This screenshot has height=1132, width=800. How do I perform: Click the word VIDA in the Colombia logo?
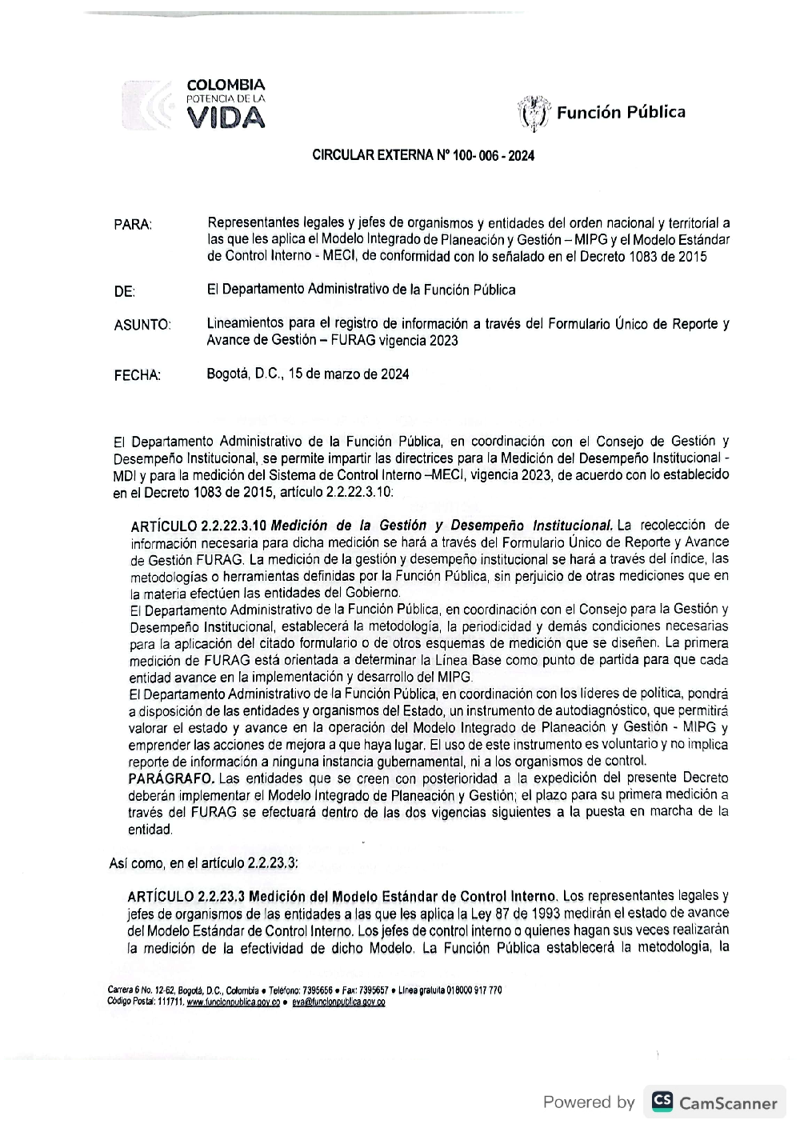tap(226, 118)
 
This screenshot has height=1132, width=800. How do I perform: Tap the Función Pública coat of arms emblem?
tap(534, 113)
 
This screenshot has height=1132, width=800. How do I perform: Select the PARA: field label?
tap(133, 225)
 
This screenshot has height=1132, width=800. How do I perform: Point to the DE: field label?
tap(124, 292)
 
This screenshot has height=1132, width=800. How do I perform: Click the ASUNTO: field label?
tap(142, 326)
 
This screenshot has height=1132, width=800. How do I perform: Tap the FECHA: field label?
tap(137, 375)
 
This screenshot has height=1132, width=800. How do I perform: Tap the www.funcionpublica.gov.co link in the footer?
tap(233, 1002)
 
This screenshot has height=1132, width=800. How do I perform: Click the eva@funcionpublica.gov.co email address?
tap(338, 1002)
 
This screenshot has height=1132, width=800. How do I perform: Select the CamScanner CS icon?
tap(662, 1102)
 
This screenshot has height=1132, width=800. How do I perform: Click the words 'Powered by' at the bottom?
tap(589, 1102)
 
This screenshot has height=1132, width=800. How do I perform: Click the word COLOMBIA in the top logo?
tap(225, 85)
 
